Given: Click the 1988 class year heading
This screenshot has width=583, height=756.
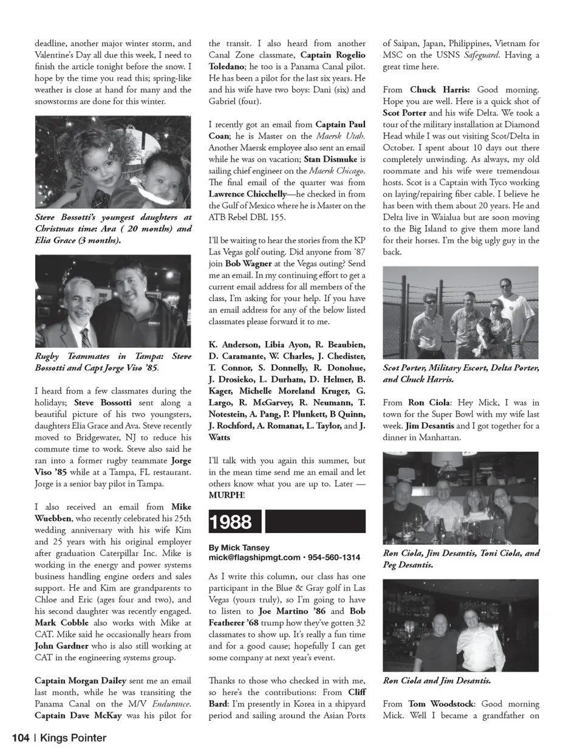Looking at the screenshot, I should (x=230, y=522).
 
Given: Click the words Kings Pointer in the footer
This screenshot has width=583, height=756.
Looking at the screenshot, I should (x=73, y=738).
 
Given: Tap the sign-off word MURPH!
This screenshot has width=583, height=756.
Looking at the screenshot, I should (x=227, y=495).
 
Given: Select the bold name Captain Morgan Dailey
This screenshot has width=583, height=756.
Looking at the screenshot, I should (x=78, y=680).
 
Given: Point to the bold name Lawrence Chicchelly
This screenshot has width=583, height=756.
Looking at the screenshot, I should (x=247, y=194).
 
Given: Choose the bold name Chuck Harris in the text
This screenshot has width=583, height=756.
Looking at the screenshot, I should (x=440, y=89).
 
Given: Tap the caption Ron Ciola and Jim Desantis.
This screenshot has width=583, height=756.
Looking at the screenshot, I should (x=437, y=681).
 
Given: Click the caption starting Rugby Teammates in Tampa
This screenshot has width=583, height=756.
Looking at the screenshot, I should (x=112, y=362).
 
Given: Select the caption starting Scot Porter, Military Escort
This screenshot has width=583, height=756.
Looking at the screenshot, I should (x=460, y=373).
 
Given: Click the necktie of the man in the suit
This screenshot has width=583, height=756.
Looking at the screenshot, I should (x=86, y=336).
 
